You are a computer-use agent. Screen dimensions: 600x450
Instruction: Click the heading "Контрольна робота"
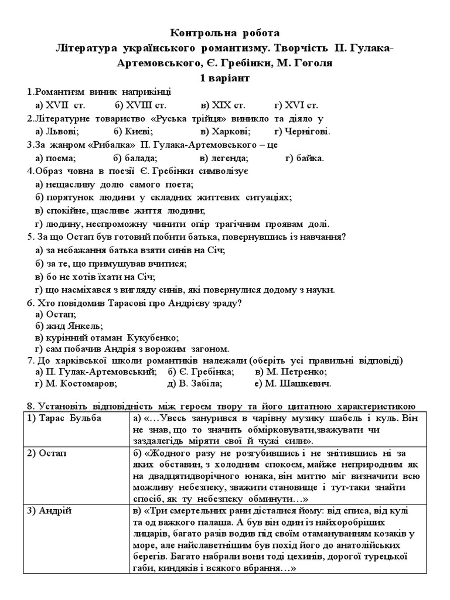[x=225, y=33]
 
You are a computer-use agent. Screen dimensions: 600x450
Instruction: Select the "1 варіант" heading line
[x=225, y=78]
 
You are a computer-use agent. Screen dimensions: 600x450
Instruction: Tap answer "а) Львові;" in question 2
[x=57, y=132]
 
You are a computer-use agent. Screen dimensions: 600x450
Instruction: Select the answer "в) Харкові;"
[x=226, y=132]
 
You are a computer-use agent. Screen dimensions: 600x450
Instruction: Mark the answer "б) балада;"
[x=135, y=158]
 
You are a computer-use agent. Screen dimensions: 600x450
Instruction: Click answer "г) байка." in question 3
[x=305, y=158]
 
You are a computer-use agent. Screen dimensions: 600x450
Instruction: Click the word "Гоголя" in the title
[x=312, y=63]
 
